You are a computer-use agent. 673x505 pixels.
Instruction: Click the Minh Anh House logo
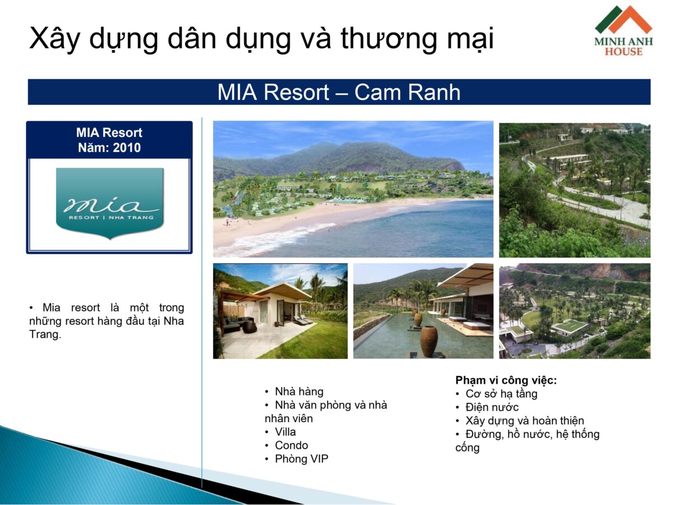[x=623, y=31]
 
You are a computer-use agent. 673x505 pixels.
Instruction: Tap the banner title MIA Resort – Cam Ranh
[x=339, y=92]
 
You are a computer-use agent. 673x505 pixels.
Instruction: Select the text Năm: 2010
[x=109, y=148]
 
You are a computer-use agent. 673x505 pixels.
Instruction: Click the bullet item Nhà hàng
[x=299, y=392]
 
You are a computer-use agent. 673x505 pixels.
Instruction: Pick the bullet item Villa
[x=285, y=432]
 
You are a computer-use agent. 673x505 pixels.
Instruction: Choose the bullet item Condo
[x=291, y=446]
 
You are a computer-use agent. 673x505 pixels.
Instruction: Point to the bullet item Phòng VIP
[x=301, y=459]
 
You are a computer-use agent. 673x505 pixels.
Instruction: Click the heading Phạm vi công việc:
[x=506, y=380]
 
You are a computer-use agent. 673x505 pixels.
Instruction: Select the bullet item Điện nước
[x=492, y=407]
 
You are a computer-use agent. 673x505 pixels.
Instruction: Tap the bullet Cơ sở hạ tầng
[x=501, y=394]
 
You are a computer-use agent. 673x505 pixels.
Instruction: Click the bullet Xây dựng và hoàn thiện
[x=524, y=421]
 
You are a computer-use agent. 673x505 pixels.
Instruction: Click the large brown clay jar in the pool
[x=429, y=341]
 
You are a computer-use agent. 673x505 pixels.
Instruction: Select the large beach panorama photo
[x=353, y=189]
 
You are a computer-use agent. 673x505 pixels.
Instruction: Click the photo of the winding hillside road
[x=574, y=189]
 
